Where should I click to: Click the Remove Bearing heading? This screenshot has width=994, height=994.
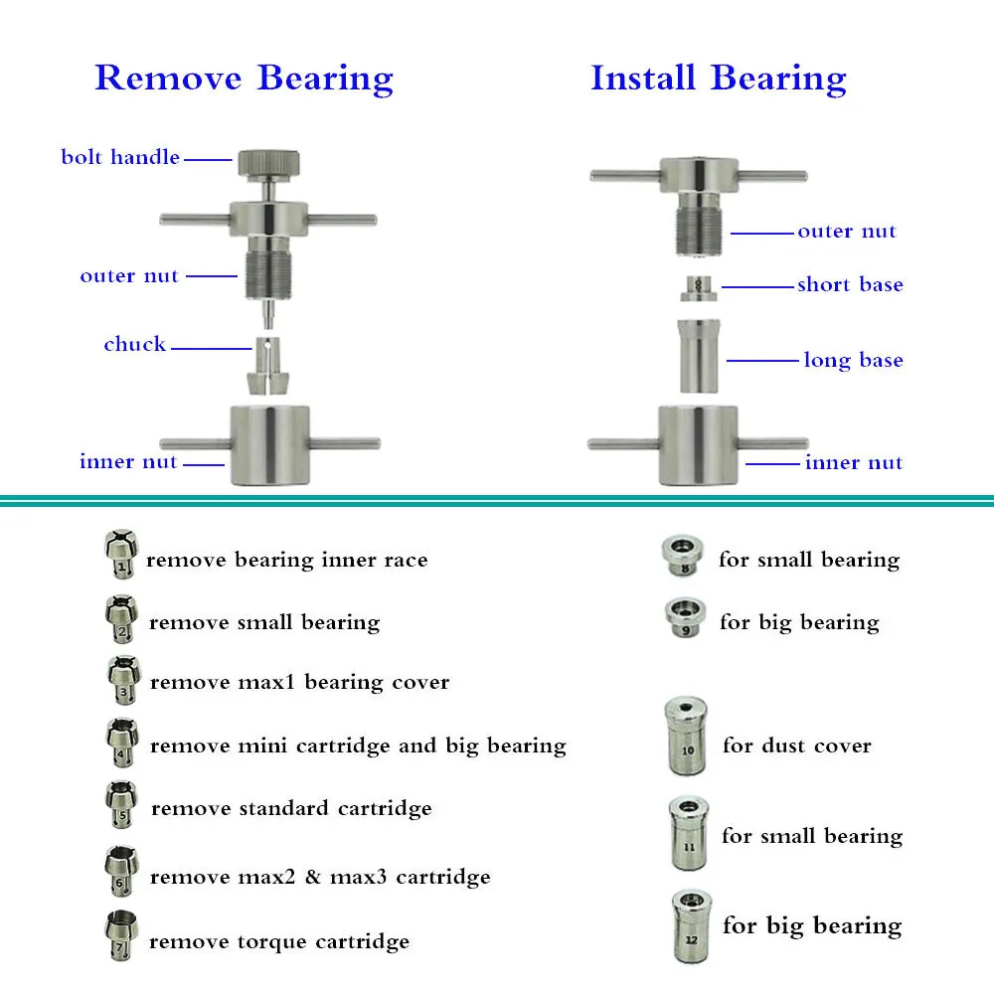244,79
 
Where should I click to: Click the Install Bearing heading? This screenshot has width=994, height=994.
719,79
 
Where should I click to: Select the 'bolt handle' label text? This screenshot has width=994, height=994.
120,157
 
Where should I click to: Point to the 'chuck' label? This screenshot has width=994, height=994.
135,345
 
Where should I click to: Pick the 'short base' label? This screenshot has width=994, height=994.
850,285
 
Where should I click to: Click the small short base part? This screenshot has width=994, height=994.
700,288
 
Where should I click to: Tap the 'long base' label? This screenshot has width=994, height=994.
853,360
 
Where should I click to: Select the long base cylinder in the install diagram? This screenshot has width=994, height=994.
700,356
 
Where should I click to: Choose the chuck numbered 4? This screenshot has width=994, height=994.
121,742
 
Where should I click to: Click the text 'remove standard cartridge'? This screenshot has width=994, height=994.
291,808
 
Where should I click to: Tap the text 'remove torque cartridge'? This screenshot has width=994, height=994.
279,941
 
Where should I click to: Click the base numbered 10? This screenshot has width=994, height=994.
688,737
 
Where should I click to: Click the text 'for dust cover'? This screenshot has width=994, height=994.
797,745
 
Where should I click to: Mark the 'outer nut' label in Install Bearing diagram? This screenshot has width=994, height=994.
847,232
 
